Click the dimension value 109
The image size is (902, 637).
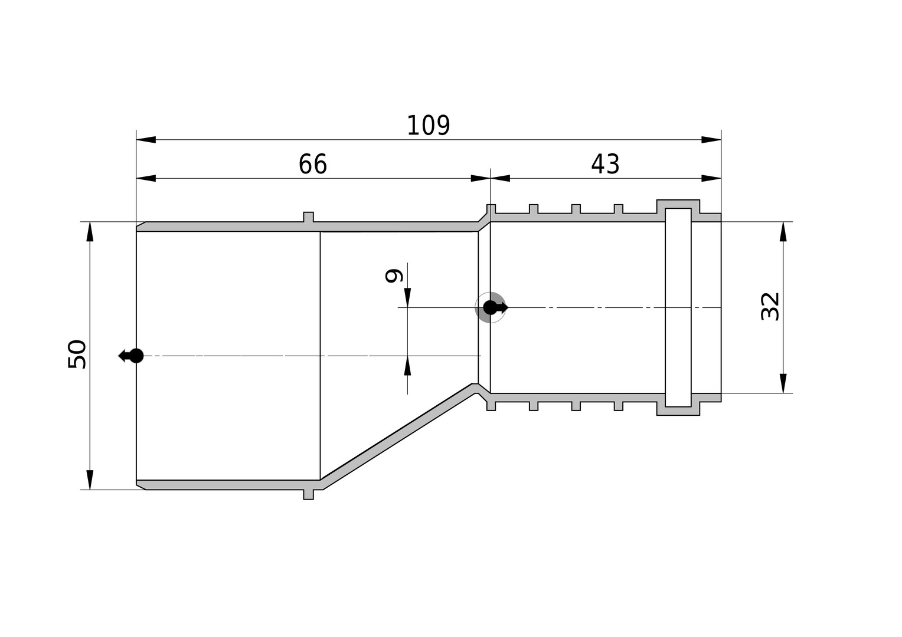(x=428, y=126)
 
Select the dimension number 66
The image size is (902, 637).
(x=312, y=164)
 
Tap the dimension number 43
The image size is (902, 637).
(x=605, y=164)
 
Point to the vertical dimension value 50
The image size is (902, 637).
(x=77, y=354)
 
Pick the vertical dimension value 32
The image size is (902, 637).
(x=770, y=307)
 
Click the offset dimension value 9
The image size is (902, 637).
(x=394, y=276)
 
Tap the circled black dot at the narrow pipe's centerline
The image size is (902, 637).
(x=490, y=307)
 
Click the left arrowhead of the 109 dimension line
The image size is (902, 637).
(x=146, y=140)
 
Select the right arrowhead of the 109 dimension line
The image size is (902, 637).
(x=711, y=140)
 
